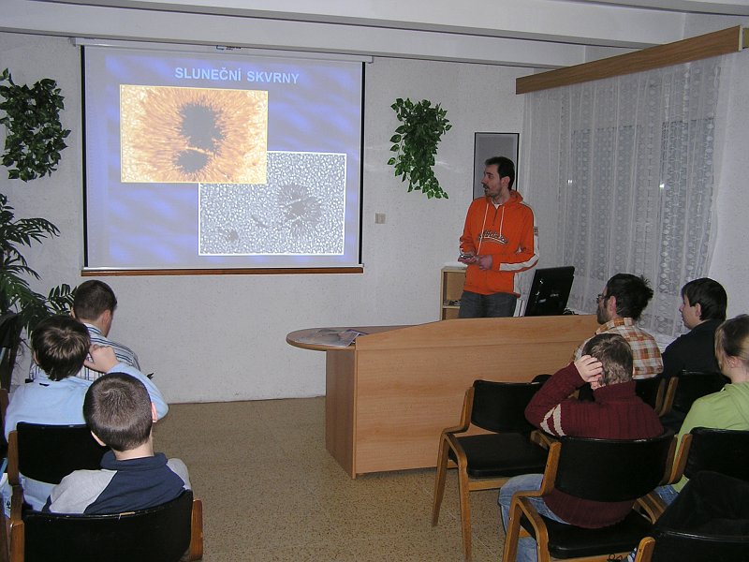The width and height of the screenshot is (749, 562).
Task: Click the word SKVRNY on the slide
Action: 272,77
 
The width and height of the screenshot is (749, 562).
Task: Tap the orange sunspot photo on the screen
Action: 194,134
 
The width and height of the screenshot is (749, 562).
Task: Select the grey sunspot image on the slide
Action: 272,203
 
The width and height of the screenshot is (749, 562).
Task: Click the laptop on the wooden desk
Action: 549,291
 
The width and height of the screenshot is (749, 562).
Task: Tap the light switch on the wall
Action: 380,218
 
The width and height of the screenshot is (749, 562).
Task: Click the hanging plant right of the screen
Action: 419,147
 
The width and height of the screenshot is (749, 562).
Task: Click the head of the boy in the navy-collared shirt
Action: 119,412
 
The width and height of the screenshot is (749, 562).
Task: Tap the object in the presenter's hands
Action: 469,258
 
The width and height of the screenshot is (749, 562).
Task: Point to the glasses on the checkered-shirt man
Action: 599,298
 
